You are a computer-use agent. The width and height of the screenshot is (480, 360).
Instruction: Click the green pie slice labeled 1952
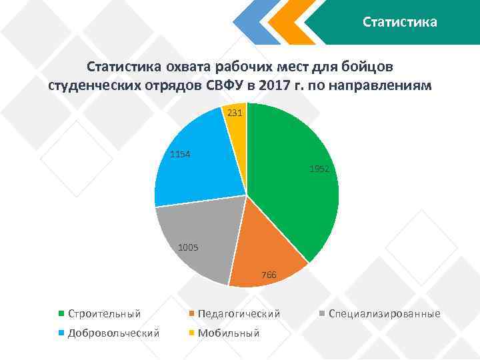pos(293,193)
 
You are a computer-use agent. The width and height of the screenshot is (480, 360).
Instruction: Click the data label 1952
pos(319,170)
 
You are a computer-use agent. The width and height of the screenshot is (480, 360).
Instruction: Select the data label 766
pos(269,275)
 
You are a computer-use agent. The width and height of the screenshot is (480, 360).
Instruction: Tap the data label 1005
pos(189,249)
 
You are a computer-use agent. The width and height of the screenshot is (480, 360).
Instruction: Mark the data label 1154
pos(180,155)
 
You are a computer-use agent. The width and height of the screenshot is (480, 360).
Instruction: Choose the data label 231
pos(235,113)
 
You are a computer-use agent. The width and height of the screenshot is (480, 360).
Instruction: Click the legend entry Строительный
pos(104,313)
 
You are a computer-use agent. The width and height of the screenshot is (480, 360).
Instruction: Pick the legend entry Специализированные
pos(384,313)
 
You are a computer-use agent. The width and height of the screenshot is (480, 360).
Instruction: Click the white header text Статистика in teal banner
pos(400,23)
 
